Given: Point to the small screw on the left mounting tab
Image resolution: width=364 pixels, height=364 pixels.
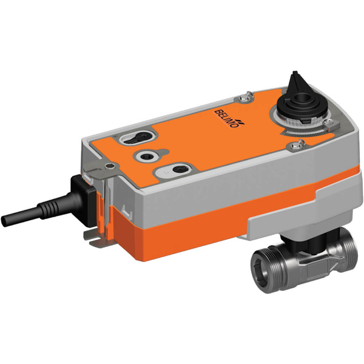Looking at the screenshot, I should tap(108, 164).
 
